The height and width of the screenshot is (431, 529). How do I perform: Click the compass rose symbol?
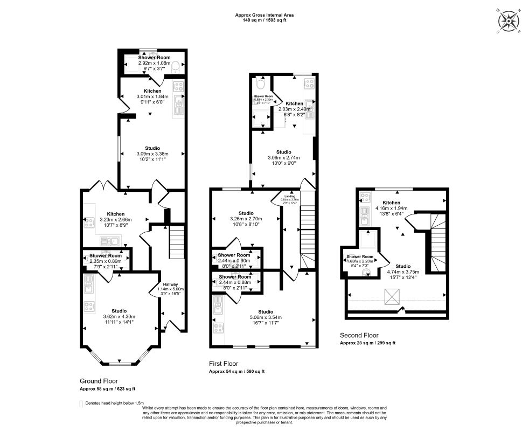pyautogui.click(x=509, y=22)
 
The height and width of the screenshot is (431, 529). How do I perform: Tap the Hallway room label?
pyautogui.click(x=171, y=284)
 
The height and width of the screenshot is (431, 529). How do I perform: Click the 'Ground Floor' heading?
pyautogui.click(x=99, y=380)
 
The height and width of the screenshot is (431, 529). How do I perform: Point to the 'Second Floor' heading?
pyautogui.click(x=359, y=335)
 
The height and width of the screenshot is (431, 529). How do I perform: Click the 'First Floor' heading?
pyautogui.click(x=224, y=364)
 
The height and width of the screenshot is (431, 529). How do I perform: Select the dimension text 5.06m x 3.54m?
pyautogui.click(x=265, y=317)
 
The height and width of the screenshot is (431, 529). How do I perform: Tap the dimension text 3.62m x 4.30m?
pyautogui.click(x=119, y=316)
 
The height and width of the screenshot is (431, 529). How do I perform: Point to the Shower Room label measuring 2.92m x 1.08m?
pyautogui.click(x=154, y=57)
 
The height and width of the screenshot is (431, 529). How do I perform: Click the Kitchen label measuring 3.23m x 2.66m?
pyautogui.click(x=115, y=214)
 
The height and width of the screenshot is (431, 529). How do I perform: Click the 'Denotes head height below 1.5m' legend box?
pyautogui.click(x=81, y=403)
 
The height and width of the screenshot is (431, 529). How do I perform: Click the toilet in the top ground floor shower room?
pyautogui.click(x=177, y=65)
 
